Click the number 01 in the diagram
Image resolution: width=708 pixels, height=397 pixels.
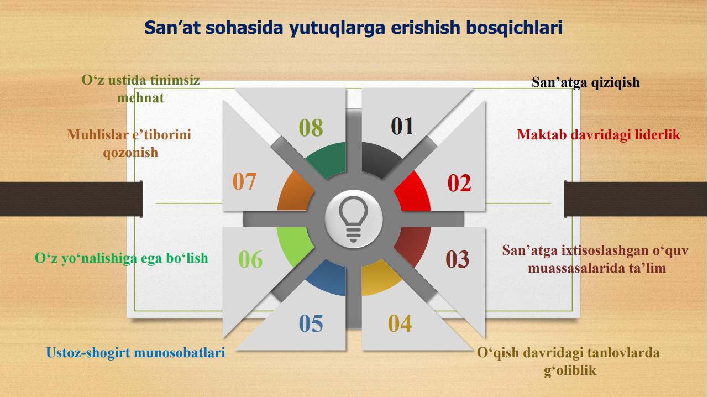402,126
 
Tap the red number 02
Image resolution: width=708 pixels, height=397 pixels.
459,183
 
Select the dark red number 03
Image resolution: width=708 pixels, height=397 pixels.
457,259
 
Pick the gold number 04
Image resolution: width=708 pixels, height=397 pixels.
400,323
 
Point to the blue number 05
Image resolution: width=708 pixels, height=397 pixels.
311,323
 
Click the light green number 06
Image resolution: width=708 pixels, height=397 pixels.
250,259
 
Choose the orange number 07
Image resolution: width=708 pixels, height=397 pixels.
244,181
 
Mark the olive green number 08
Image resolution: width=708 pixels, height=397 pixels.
311,127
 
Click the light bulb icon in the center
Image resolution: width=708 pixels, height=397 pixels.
354,219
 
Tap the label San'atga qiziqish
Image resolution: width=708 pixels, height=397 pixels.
586,82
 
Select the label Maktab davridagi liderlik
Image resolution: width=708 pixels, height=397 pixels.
599,135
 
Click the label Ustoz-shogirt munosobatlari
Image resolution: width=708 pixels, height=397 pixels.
135,352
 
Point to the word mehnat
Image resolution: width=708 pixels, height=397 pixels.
140,98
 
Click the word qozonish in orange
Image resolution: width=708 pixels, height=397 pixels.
130,153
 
